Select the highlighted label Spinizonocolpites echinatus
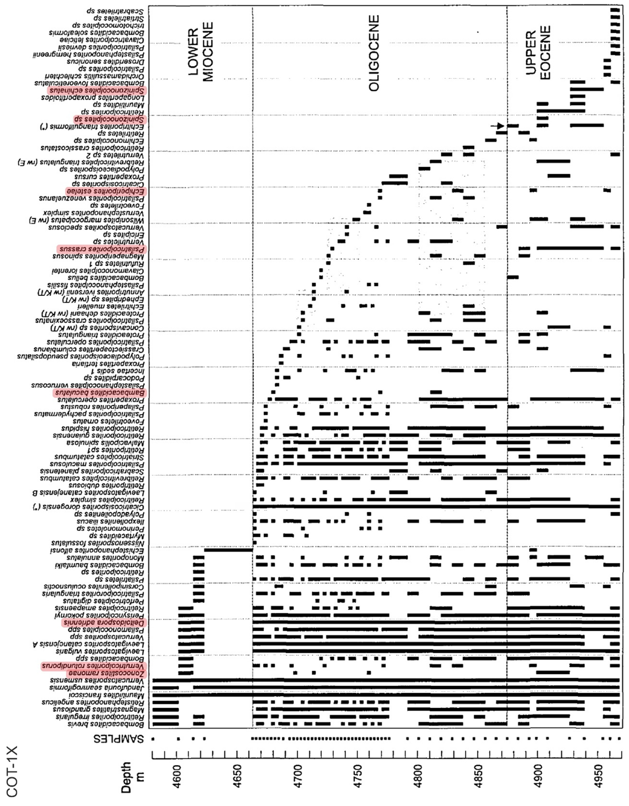[x=97, y=90]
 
